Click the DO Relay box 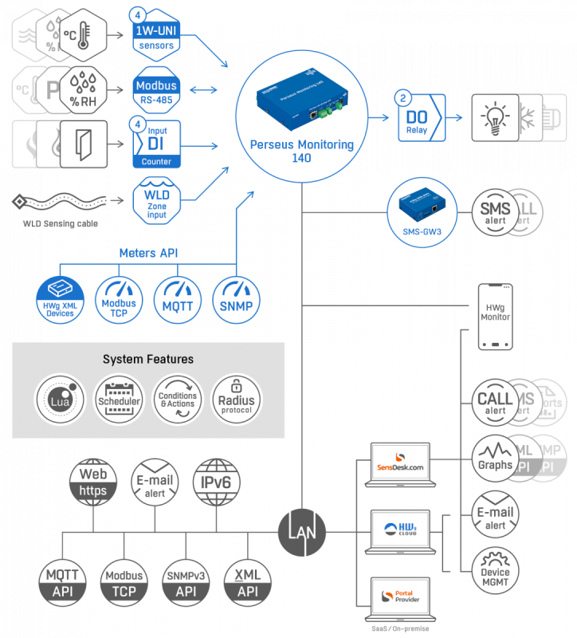click(418, 117)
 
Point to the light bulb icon click(495, 117)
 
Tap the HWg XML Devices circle click(60, 300)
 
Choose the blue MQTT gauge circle click(178, 300)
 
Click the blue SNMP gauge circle click(237, 300)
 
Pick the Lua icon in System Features click(60, 398)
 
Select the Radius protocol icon click(237, 398)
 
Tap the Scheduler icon click(119, 398)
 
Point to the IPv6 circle click(217, 482)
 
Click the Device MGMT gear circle click(495, 571)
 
